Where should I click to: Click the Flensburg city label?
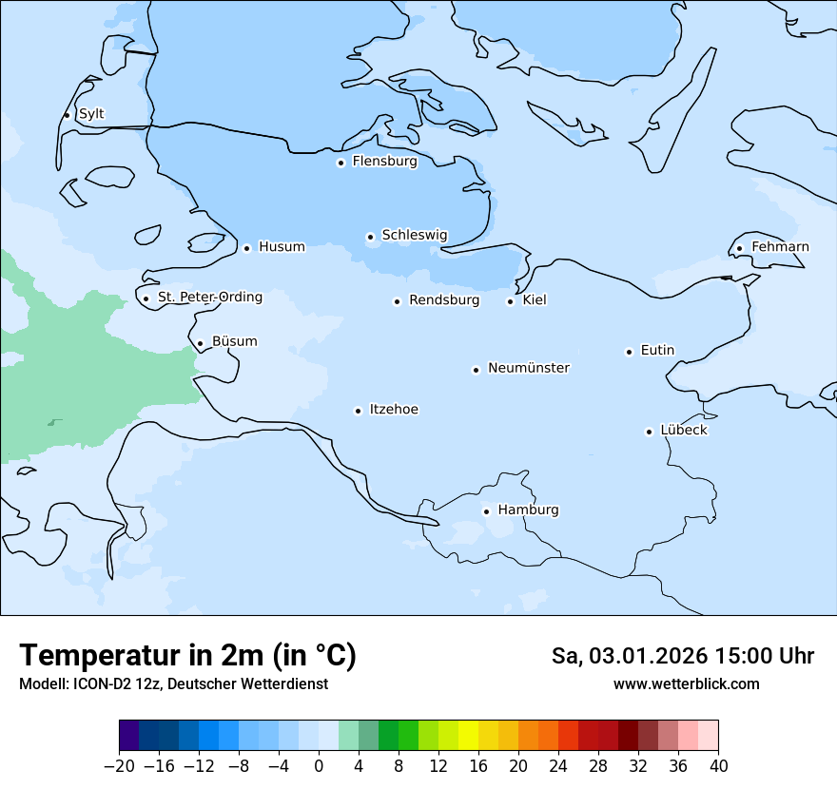[384, 162]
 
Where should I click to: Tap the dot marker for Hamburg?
[486, 511]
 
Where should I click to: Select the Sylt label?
[91, 114]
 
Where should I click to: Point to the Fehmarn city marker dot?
[739, 249]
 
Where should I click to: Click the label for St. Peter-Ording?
[209, 298]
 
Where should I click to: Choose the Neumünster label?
[528, 368]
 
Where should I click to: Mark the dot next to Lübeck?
[649, 432]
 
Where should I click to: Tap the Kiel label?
[535, 300]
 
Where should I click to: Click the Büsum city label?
[234, 341]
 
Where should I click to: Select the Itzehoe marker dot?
[358, 411]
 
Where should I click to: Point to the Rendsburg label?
[443, 300]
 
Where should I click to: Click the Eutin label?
[657, 351]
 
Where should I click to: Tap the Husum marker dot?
[246, 248]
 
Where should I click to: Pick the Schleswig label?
[414, 235]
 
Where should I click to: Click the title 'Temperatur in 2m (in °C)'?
[187, 655]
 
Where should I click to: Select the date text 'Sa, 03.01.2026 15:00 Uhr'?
[682, 656]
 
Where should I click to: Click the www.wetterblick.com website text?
[686, 683]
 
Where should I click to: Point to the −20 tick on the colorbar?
[119, 766]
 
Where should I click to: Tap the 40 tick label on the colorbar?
[718, 766]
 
